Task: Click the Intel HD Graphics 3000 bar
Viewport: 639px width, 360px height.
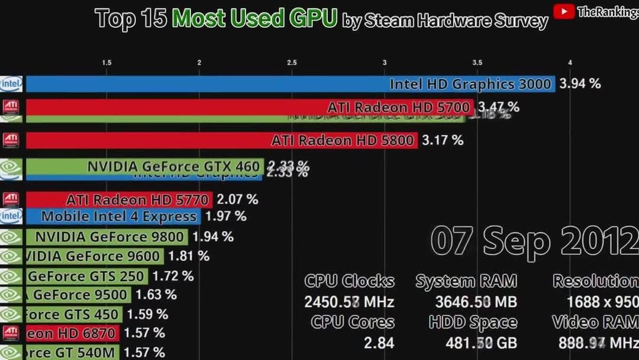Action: (290, 84)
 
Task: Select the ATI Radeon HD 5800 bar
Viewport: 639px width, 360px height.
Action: (222, 140)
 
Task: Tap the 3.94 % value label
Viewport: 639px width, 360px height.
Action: (580, 83)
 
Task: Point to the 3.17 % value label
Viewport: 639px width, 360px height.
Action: (443, 140)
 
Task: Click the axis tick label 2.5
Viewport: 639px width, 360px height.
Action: (292, 63)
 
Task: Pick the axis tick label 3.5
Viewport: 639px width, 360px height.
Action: (477, 63)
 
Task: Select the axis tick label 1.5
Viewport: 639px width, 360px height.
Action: (106, 63)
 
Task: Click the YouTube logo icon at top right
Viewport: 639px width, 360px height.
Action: (563, 12)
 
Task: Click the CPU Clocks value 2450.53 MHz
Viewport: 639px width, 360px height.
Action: (349, 302)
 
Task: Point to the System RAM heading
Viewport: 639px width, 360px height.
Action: (466, 281)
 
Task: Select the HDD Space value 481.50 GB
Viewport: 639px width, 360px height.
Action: (476, 342)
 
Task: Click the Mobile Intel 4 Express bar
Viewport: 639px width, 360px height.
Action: (112, 217)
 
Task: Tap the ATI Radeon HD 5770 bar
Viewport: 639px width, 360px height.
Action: (118, 200)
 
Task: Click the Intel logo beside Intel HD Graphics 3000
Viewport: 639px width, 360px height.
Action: (11, 84)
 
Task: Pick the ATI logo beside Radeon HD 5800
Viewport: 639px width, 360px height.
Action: (11, 140)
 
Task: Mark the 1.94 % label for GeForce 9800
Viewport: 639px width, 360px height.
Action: (213, 237)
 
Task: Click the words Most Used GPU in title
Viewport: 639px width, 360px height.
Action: (255, 19)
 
